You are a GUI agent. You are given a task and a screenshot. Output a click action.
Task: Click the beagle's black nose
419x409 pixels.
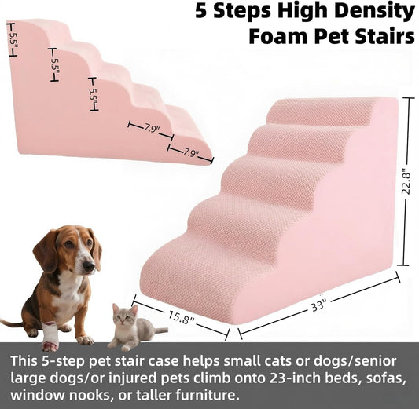click(89, 267)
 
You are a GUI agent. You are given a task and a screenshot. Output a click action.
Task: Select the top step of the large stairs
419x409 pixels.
click(322, 112)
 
